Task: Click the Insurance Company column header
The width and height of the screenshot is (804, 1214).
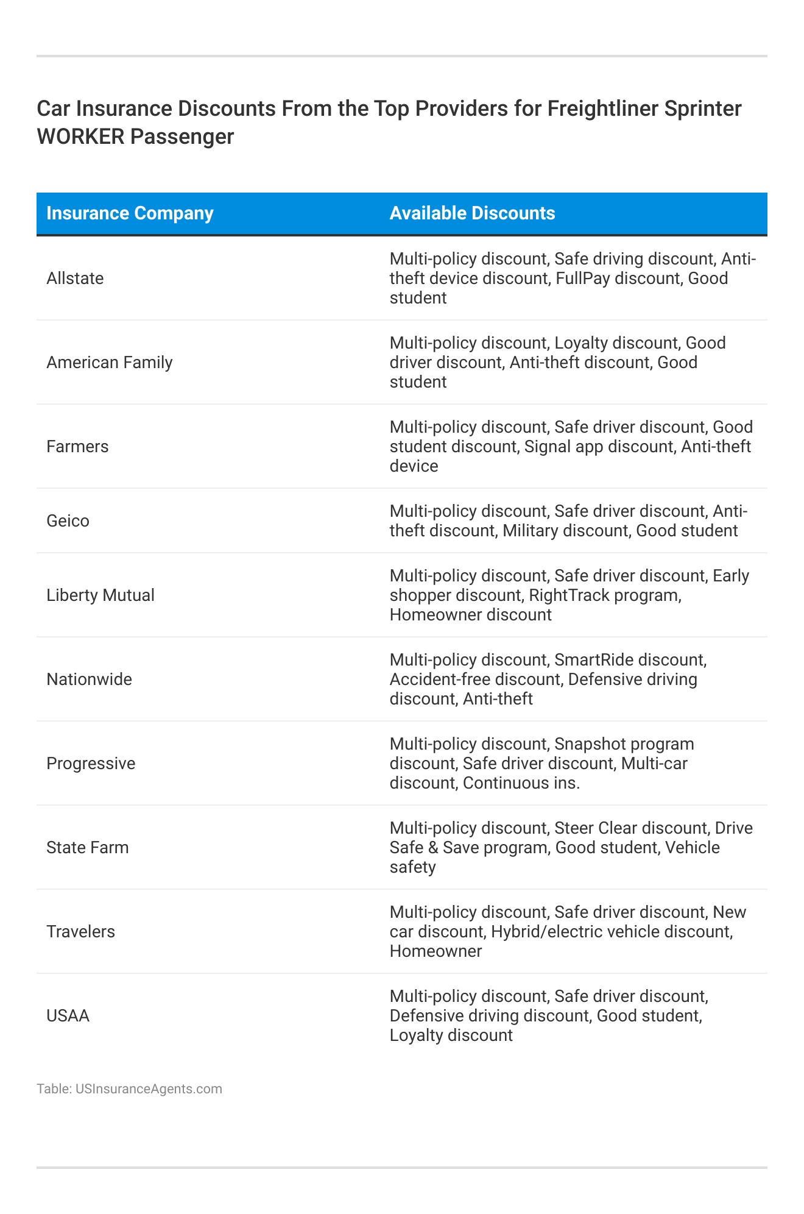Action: click(130, 213)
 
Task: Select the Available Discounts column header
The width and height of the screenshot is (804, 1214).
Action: click(472, 213)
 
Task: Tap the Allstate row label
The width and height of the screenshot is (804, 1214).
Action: click(75, 279)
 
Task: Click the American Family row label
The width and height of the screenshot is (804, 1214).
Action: click(110, 363)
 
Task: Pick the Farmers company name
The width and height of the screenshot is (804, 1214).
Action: click(77, 447)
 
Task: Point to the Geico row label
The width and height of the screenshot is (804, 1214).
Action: click(68, 521)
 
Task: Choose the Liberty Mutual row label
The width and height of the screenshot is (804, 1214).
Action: click(100, 595)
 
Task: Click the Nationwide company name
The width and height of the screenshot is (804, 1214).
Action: click(89, 680)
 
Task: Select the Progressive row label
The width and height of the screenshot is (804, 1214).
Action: click(91, 764)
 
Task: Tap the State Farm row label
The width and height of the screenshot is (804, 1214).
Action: click(88, 848)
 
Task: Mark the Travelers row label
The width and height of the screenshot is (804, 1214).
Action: click(80, 932)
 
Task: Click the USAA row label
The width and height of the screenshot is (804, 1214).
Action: click(68, 1016)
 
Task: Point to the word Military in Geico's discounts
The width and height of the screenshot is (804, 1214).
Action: click(531, 531)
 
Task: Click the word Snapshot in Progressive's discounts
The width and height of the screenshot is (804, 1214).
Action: click(594, 744)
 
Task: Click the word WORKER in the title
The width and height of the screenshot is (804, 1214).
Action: click(80, 137)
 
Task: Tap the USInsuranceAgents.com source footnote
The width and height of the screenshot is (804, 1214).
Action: click(149, 1089)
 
